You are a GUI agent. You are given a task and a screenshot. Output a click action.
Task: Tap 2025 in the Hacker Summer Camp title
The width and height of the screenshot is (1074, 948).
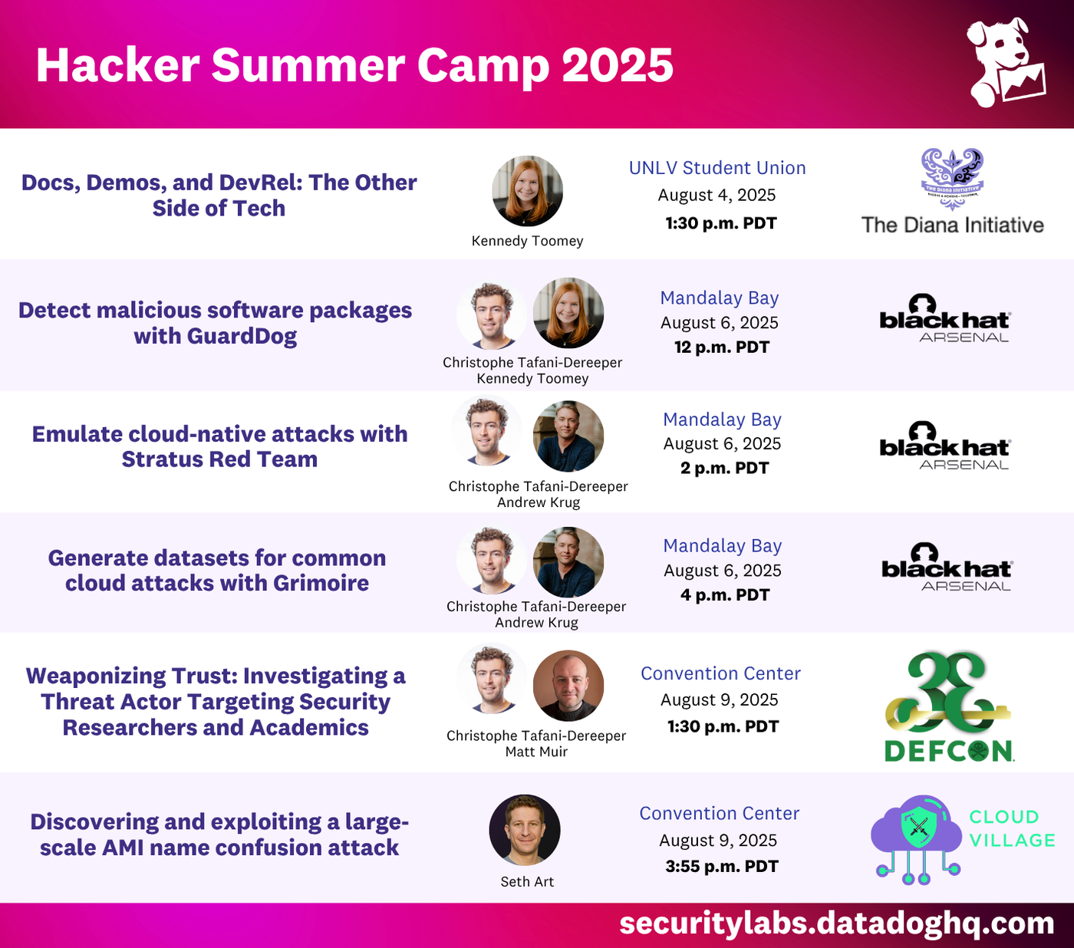click(618, 66)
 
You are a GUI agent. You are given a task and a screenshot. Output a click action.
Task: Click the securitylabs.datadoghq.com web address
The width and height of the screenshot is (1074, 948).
click(836, 923)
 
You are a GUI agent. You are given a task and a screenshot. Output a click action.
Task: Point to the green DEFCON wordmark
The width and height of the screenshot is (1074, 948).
click(949, 751)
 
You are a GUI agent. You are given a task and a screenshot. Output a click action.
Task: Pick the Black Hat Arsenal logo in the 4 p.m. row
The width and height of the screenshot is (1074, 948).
click(947, 568)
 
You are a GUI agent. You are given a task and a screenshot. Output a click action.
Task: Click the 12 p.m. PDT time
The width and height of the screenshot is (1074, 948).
click(721, 347)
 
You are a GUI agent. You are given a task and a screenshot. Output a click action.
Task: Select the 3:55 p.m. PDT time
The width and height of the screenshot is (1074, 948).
click(721, 867)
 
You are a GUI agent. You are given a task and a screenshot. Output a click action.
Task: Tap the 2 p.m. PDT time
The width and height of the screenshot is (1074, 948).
click(723, 468)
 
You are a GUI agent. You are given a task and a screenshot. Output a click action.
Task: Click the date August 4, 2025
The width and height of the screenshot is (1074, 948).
click(717, 196)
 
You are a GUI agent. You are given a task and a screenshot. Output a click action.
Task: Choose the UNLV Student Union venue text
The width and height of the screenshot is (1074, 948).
click(717, 168)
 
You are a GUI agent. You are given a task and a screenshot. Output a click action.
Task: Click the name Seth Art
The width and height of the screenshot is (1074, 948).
click(527, 882)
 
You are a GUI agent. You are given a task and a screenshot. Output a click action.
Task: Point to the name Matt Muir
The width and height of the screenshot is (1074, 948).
click(536, 752)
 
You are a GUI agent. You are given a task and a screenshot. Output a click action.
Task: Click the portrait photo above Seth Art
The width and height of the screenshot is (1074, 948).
click(525, 830)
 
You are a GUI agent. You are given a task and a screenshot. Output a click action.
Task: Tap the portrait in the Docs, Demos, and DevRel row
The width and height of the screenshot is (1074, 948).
click(527, 191)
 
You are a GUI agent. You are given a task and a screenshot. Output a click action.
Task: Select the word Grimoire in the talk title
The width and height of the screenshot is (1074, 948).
click(321, 584)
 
